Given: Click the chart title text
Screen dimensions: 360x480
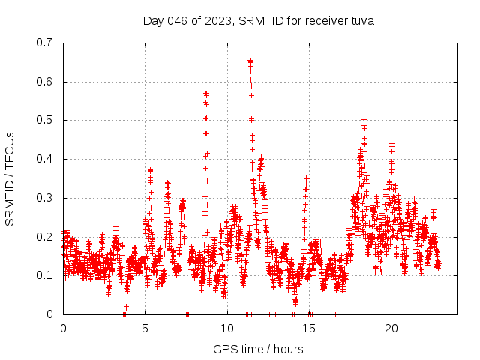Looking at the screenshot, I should (259, 20).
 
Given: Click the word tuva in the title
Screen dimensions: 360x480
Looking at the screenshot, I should (361, 20).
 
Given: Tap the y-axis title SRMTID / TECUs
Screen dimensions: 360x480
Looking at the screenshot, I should (10, 178).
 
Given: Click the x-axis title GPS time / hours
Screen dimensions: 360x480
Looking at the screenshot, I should (258, 349).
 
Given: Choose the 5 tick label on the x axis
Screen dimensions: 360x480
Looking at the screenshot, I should (145, 328).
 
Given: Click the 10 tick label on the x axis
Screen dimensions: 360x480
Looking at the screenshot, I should (227, 328).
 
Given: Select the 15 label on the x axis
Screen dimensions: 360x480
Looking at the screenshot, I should (309, 328).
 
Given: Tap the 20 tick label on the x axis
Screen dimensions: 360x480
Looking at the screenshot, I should (391, 328).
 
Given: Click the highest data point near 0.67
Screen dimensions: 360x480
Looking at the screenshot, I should (250, 55).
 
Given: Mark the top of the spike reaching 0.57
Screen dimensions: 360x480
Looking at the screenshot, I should (206, 93).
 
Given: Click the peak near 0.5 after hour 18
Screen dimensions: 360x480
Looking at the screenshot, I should (364, 119).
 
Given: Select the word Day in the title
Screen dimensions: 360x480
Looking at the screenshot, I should (154, 20).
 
